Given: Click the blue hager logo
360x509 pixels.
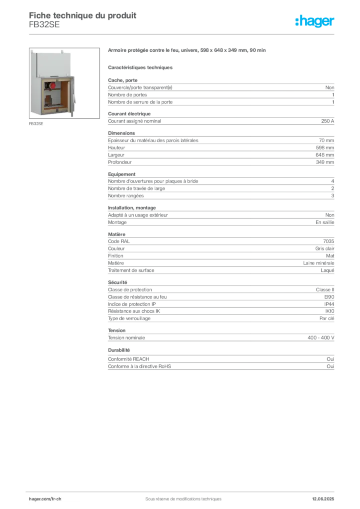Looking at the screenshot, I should pyautogui.click(x=315, y=21).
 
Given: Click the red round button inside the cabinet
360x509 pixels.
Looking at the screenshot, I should pyautogui.click(x=52, y=86).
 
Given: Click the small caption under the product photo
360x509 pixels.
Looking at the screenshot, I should pyautogui.click(x=35, y=124).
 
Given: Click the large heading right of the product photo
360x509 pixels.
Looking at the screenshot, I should pyautogui.click(x=187, y=50).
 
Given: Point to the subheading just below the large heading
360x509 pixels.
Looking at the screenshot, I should pyautogui.click(x=141, y=67).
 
